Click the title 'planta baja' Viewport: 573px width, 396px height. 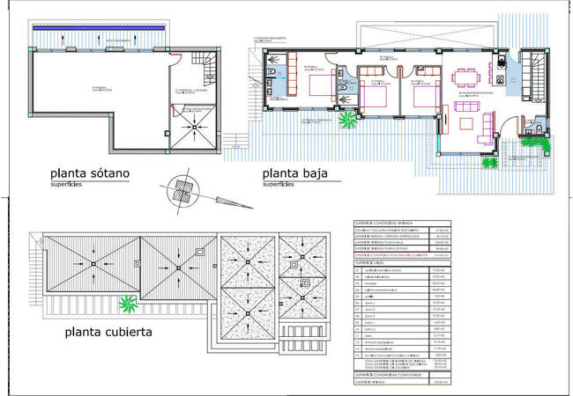click(294, 173)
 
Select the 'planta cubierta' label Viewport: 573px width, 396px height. click(109, 333)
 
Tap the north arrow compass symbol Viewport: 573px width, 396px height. click(182, 189)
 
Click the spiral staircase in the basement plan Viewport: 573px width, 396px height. click(204, 65)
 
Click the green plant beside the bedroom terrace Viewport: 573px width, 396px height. click(348, 117)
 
